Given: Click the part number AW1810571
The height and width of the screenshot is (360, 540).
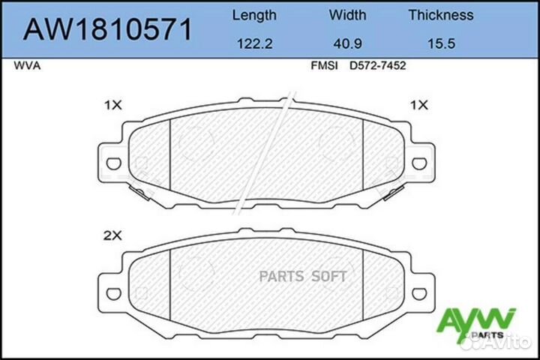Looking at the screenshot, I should point(109,30).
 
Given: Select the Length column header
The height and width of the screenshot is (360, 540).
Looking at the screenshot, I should point(254,15).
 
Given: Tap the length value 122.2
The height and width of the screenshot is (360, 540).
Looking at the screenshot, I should point(254,44).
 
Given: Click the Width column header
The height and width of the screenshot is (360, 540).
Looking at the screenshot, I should point(348,15).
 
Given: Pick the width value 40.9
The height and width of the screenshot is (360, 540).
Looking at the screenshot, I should point(348,44).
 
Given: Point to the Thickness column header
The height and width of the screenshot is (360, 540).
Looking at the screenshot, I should point(440,15).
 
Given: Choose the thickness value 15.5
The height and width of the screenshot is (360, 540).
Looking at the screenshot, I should point(440,44).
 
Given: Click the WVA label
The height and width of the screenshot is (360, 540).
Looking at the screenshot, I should point(27,66).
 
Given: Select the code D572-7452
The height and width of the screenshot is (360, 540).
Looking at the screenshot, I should point(378,66).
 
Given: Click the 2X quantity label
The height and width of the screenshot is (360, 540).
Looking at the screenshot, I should point(112,235).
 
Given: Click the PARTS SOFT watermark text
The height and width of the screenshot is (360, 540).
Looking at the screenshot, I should point(302,277).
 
